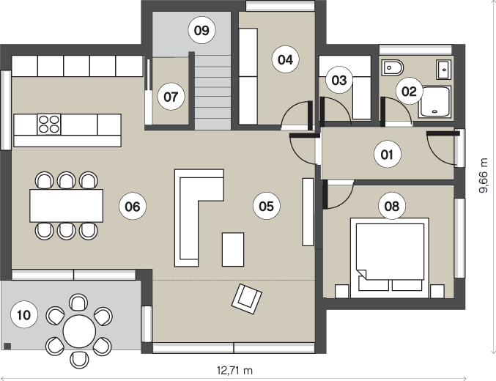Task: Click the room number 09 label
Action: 201,31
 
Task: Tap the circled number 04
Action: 285,59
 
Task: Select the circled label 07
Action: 171,97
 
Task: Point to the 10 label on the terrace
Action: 24,315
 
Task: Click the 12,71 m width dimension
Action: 234,370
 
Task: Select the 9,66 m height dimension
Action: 484,176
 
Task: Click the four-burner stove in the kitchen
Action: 48,125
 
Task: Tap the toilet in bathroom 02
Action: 393,67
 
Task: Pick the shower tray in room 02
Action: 434,102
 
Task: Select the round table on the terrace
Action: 79,331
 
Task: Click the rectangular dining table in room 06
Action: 67,206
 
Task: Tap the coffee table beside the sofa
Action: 233,249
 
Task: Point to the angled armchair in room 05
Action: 247,299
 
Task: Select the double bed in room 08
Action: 390,258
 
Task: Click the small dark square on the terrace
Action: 7,346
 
